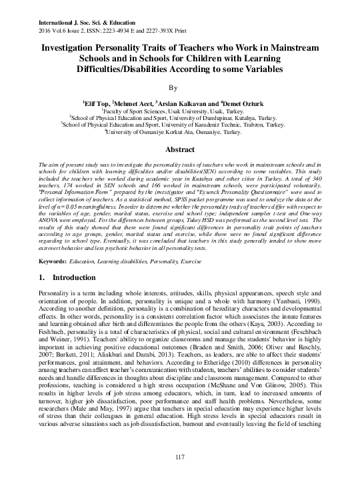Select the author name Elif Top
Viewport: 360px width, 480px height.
[95, 104]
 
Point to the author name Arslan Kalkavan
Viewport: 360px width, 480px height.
[185, 104]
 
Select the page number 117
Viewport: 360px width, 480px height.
[179, 455]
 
